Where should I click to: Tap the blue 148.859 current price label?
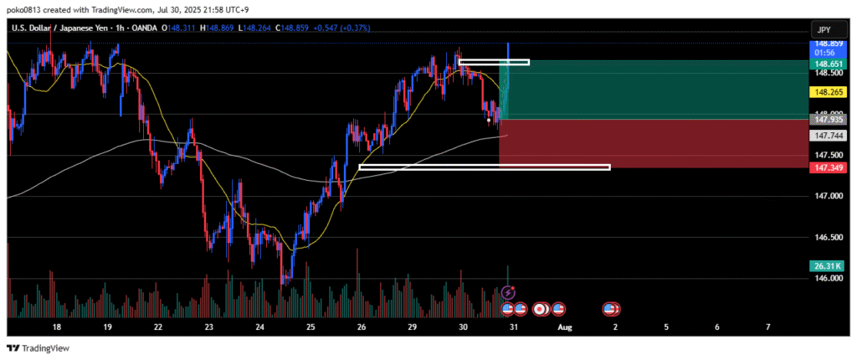tap(826, 43)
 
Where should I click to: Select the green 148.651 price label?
tap(826, 62)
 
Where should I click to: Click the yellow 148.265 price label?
tap(826, 92)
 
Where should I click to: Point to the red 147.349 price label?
tap(826, 168)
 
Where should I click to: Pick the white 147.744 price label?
tap(826, 135)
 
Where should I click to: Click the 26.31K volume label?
tap(826, 265)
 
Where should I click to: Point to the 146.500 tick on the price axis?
tap(825, 237)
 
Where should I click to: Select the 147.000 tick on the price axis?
tap(825, 196)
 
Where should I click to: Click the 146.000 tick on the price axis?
tap(825, 278)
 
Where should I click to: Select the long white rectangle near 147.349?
tap(484, 167)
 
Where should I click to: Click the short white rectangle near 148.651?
tap(494, 62)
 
